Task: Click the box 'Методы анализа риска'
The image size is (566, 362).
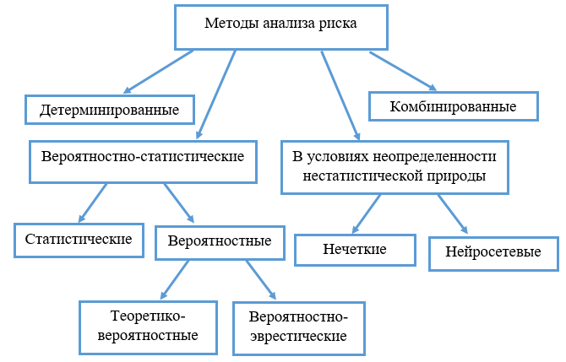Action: point(281,27)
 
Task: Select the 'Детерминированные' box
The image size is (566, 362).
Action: point(110,110)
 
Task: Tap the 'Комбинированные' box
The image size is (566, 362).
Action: point(454,106)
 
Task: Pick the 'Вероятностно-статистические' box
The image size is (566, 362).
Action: point(143,162)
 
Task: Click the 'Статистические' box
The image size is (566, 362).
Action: point(79,240)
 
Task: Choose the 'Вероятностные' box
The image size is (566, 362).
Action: point(220,243)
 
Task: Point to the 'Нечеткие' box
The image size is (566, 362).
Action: point(355,251)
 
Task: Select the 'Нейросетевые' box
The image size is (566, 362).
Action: point(493,253)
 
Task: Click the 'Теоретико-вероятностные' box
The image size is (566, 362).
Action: point(148,327)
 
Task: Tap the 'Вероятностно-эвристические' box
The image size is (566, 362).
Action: point(299,328)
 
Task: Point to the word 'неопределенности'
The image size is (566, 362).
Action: point(434,156)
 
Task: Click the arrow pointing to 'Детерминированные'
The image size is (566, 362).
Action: point(158,72)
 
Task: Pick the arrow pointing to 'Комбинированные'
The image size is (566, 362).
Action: point(403,71)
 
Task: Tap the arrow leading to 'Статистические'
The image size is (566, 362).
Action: point(93,203)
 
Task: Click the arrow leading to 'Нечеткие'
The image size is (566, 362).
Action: point(367,213)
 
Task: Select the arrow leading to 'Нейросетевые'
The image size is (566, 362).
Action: point(453,214)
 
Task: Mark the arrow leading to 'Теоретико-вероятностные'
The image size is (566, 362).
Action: point(174,280)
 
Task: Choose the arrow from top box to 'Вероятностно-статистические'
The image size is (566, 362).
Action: point(216,95)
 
